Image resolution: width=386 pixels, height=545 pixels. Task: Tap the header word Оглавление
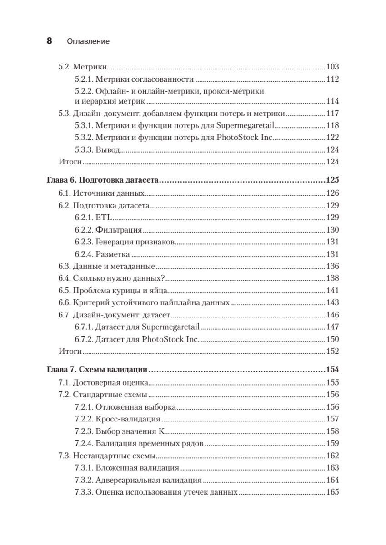[x=88, y=41]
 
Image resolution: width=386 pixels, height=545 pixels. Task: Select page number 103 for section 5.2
[x=333, y=67]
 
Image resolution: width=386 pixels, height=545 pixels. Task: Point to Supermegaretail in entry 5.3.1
[x=246, y=126]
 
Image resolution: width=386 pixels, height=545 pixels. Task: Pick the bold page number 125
[x=332, y=181]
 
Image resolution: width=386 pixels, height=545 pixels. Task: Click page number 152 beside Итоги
[x=333, y=351]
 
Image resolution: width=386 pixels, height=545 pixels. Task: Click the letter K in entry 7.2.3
[x=161, y=431]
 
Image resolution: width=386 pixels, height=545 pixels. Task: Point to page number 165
[x=333, y=492]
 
